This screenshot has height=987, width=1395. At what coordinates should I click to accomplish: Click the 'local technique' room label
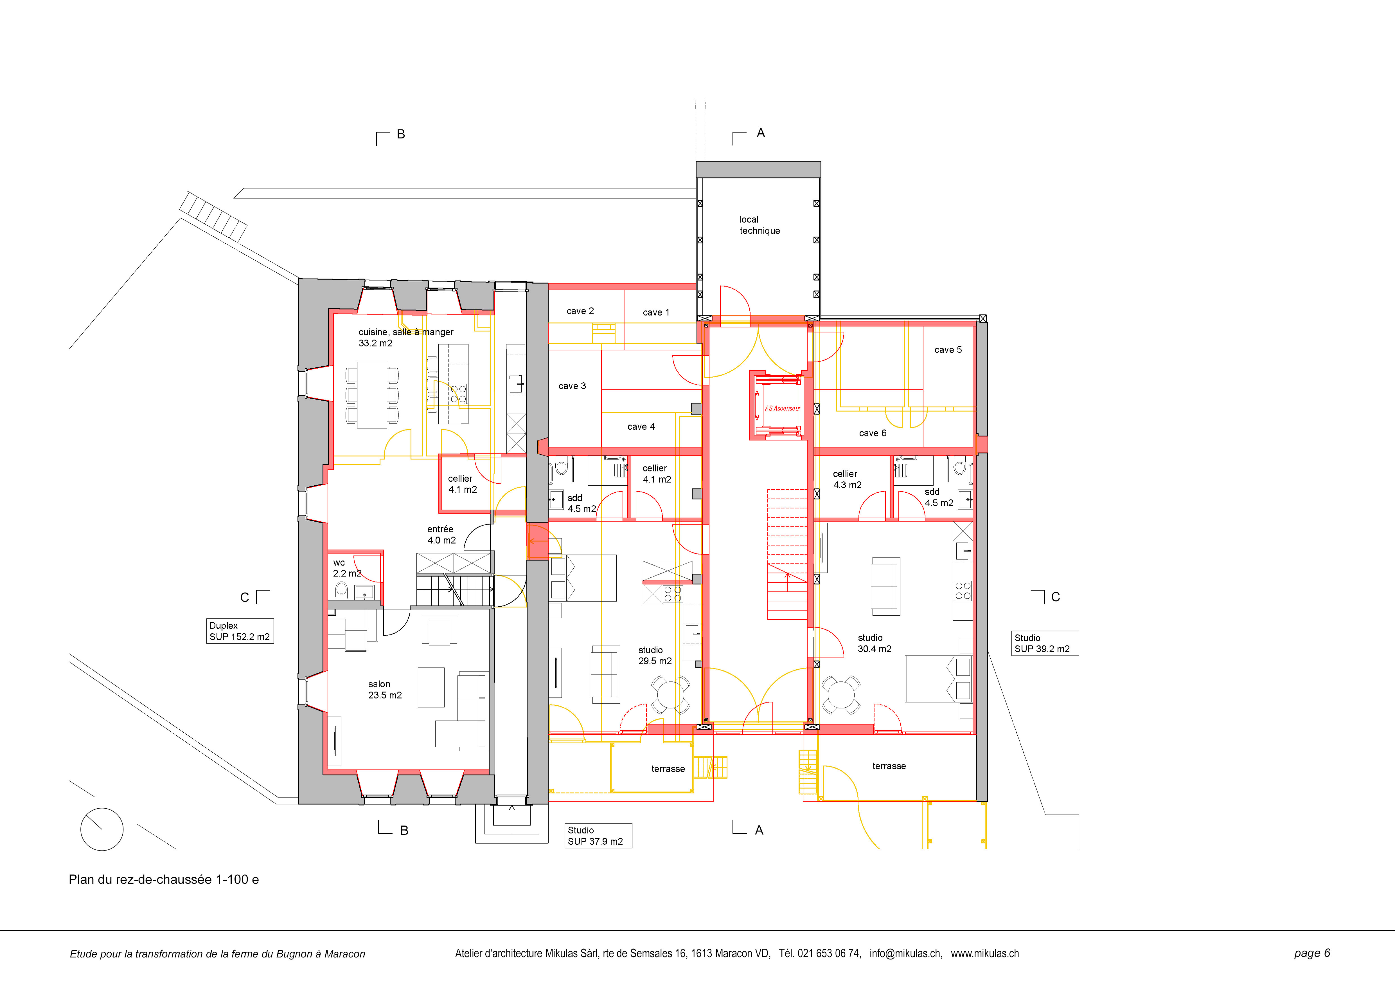click(x=760, y=225)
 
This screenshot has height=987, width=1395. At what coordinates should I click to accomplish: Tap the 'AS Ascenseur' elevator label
click(x=782, y=409)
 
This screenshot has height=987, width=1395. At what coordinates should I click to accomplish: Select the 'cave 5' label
click(x=948, y=349)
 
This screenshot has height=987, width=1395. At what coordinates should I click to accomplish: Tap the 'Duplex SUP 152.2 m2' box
click(x=240, y=631)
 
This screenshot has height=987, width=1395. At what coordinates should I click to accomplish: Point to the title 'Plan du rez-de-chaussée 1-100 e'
click(x=163, y=880)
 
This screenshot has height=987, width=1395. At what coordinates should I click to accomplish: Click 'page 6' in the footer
click(x=1312, y=953)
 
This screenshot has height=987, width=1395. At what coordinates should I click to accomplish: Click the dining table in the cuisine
click(x=372, y=395)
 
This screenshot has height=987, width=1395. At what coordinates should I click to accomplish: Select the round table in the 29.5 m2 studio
click(x=670, y=695)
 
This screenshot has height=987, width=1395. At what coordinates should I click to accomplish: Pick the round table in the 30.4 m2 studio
click(x=841, y=695)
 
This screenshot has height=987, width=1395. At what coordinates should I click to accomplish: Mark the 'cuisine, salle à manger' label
click(x=406, y=332)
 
